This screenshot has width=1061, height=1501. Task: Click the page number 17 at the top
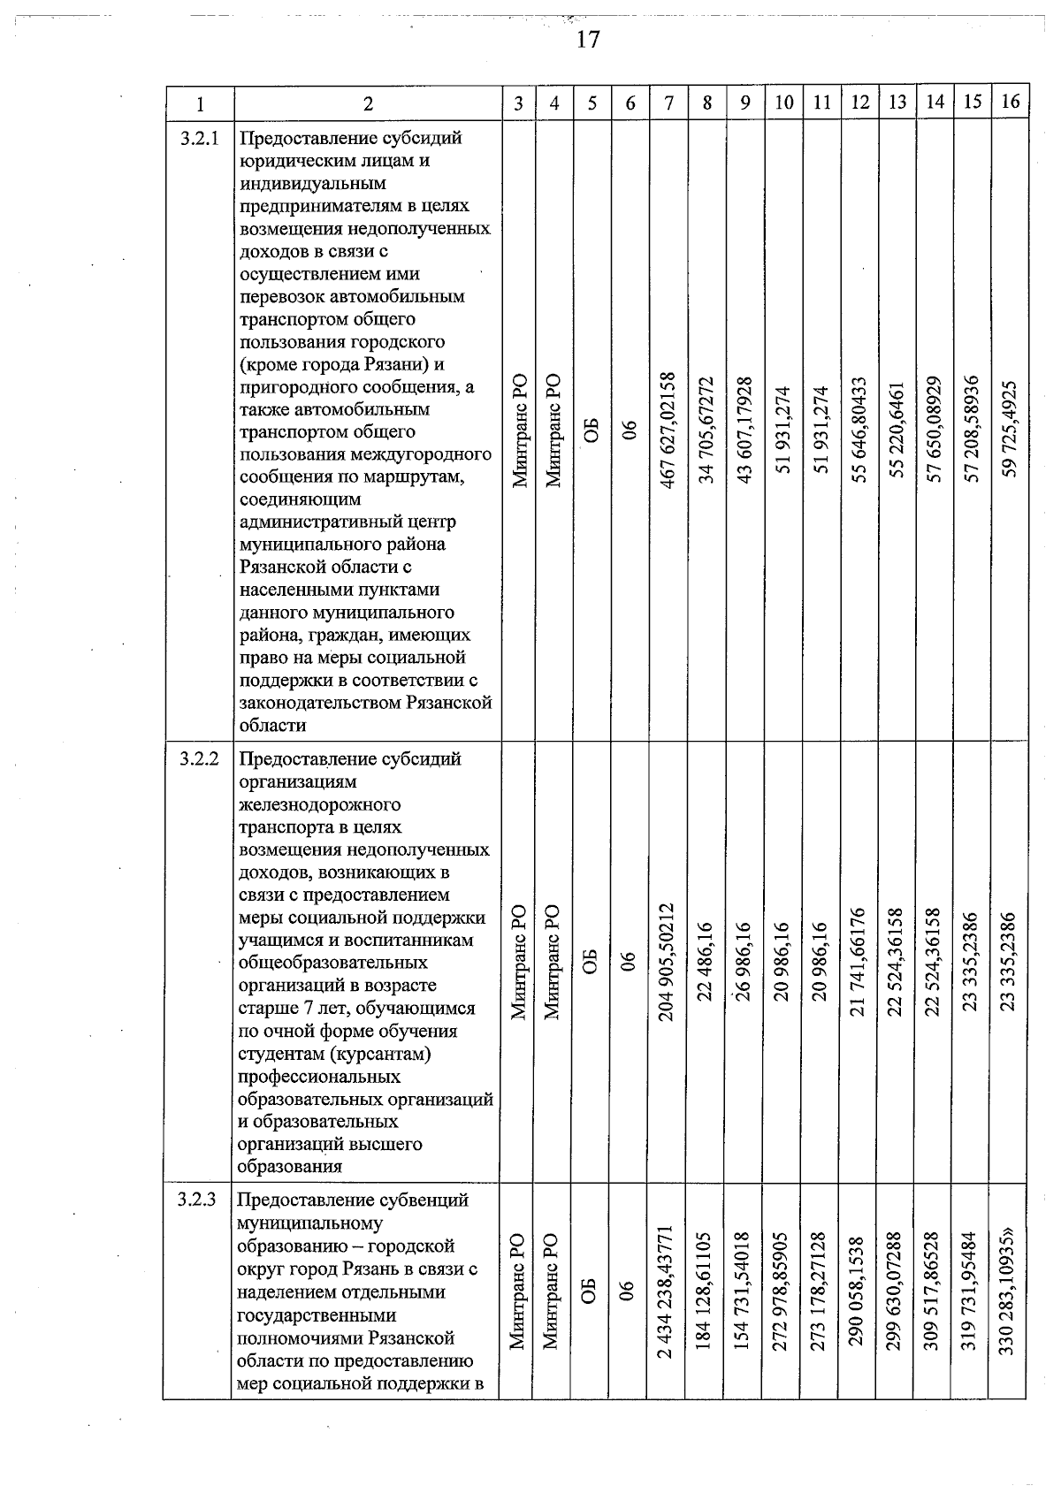588,40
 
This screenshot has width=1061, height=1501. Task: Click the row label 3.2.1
199,138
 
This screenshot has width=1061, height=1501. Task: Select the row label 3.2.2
199,758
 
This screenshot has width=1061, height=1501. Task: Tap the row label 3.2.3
198,1200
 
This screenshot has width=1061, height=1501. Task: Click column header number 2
368,103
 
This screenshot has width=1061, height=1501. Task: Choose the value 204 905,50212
669,962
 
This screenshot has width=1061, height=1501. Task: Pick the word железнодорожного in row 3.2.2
319,804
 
